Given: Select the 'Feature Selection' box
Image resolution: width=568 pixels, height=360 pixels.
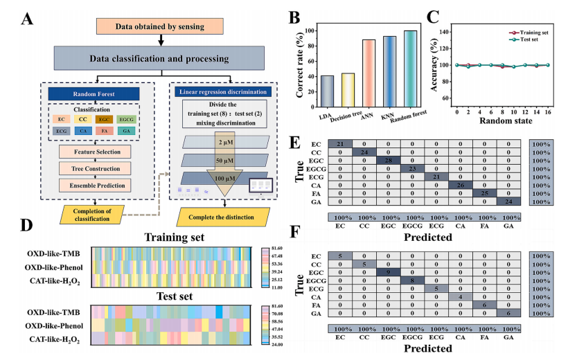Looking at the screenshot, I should tap(96, 151).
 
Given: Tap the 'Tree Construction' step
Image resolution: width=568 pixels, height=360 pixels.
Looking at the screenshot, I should tap(96, 168).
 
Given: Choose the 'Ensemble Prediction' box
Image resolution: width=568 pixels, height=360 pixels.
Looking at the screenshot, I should tap(96, 185).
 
